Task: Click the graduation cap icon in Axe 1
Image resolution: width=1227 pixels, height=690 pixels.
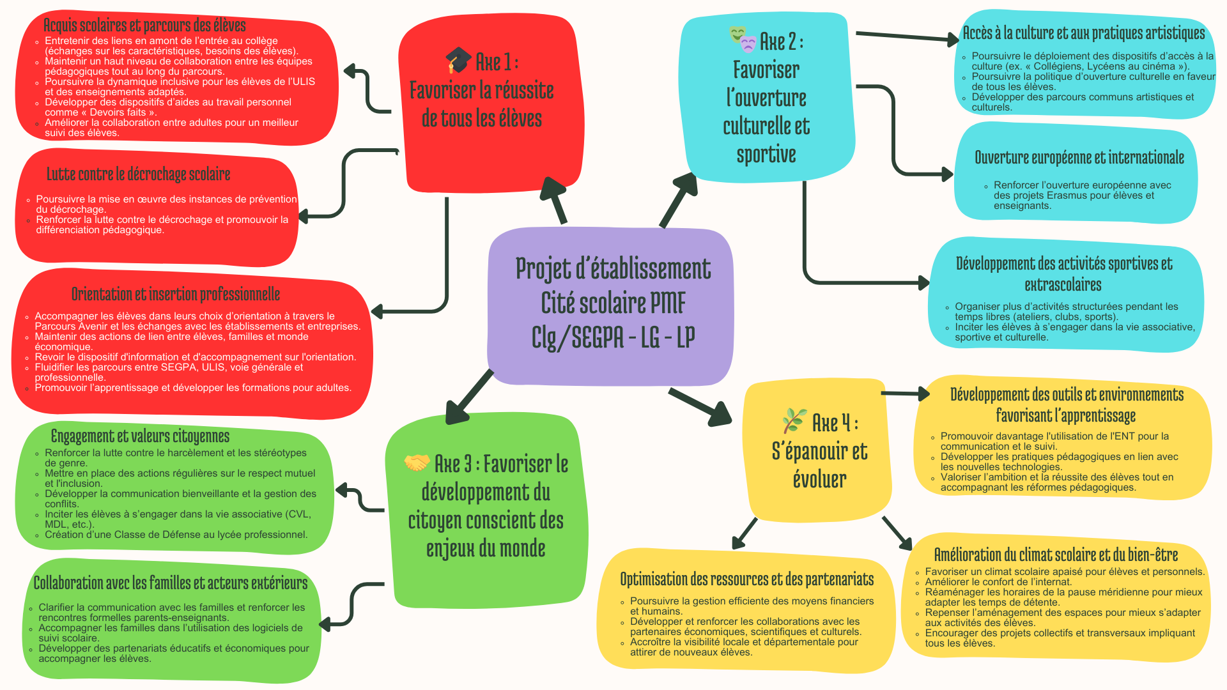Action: click(x=458, y=61)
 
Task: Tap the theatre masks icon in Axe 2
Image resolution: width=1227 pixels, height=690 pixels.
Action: click(x=743, y=39)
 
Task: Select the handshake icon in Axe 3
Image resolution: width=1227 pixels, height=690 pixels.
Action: click(x=417, y=463)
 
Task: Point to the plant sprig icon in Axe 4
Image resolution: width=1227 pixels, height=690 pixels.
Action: click(x=794, y=421)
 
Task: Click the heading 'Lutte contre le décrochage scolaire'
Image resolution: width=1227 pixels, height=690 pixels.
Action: click(x=138, y=174)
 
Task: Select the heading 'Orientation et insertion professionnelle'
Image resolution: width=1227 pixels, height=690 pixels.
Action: click(x=176, y=294)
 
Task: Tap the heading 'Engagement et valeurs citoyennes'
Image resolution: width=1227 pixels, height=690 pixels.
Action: click(x=140, y=436)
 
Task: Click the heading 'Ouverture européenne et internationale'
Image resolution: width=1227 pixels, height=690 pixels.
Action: click(x=1079, y=157)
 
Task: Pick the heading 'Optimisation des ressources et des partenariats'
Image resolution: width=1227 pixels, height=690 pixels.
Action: click(x=746, y=579)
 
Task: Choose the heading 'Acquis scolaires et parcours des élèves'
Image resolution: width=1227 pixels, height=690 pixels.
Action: click(x=144, y=25)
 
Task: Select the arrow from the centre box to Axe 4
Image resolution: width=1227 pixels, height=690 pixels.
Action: click(x=700, y=406)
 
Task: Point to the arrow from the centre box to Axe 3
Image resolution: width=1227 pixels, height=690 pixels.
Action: click(x=470, y=396)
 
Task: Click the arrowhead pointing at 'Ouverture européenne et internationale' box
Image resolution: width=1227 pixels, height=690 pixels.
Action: click(x=946, y=174)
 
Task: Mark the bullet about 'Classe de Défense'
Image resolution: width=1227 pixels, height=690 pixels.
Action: click(x=176, y=535)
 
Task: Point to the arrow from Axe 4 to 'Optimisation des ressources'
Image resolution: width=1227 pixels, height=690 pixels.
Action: click(x=745, y=533)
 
